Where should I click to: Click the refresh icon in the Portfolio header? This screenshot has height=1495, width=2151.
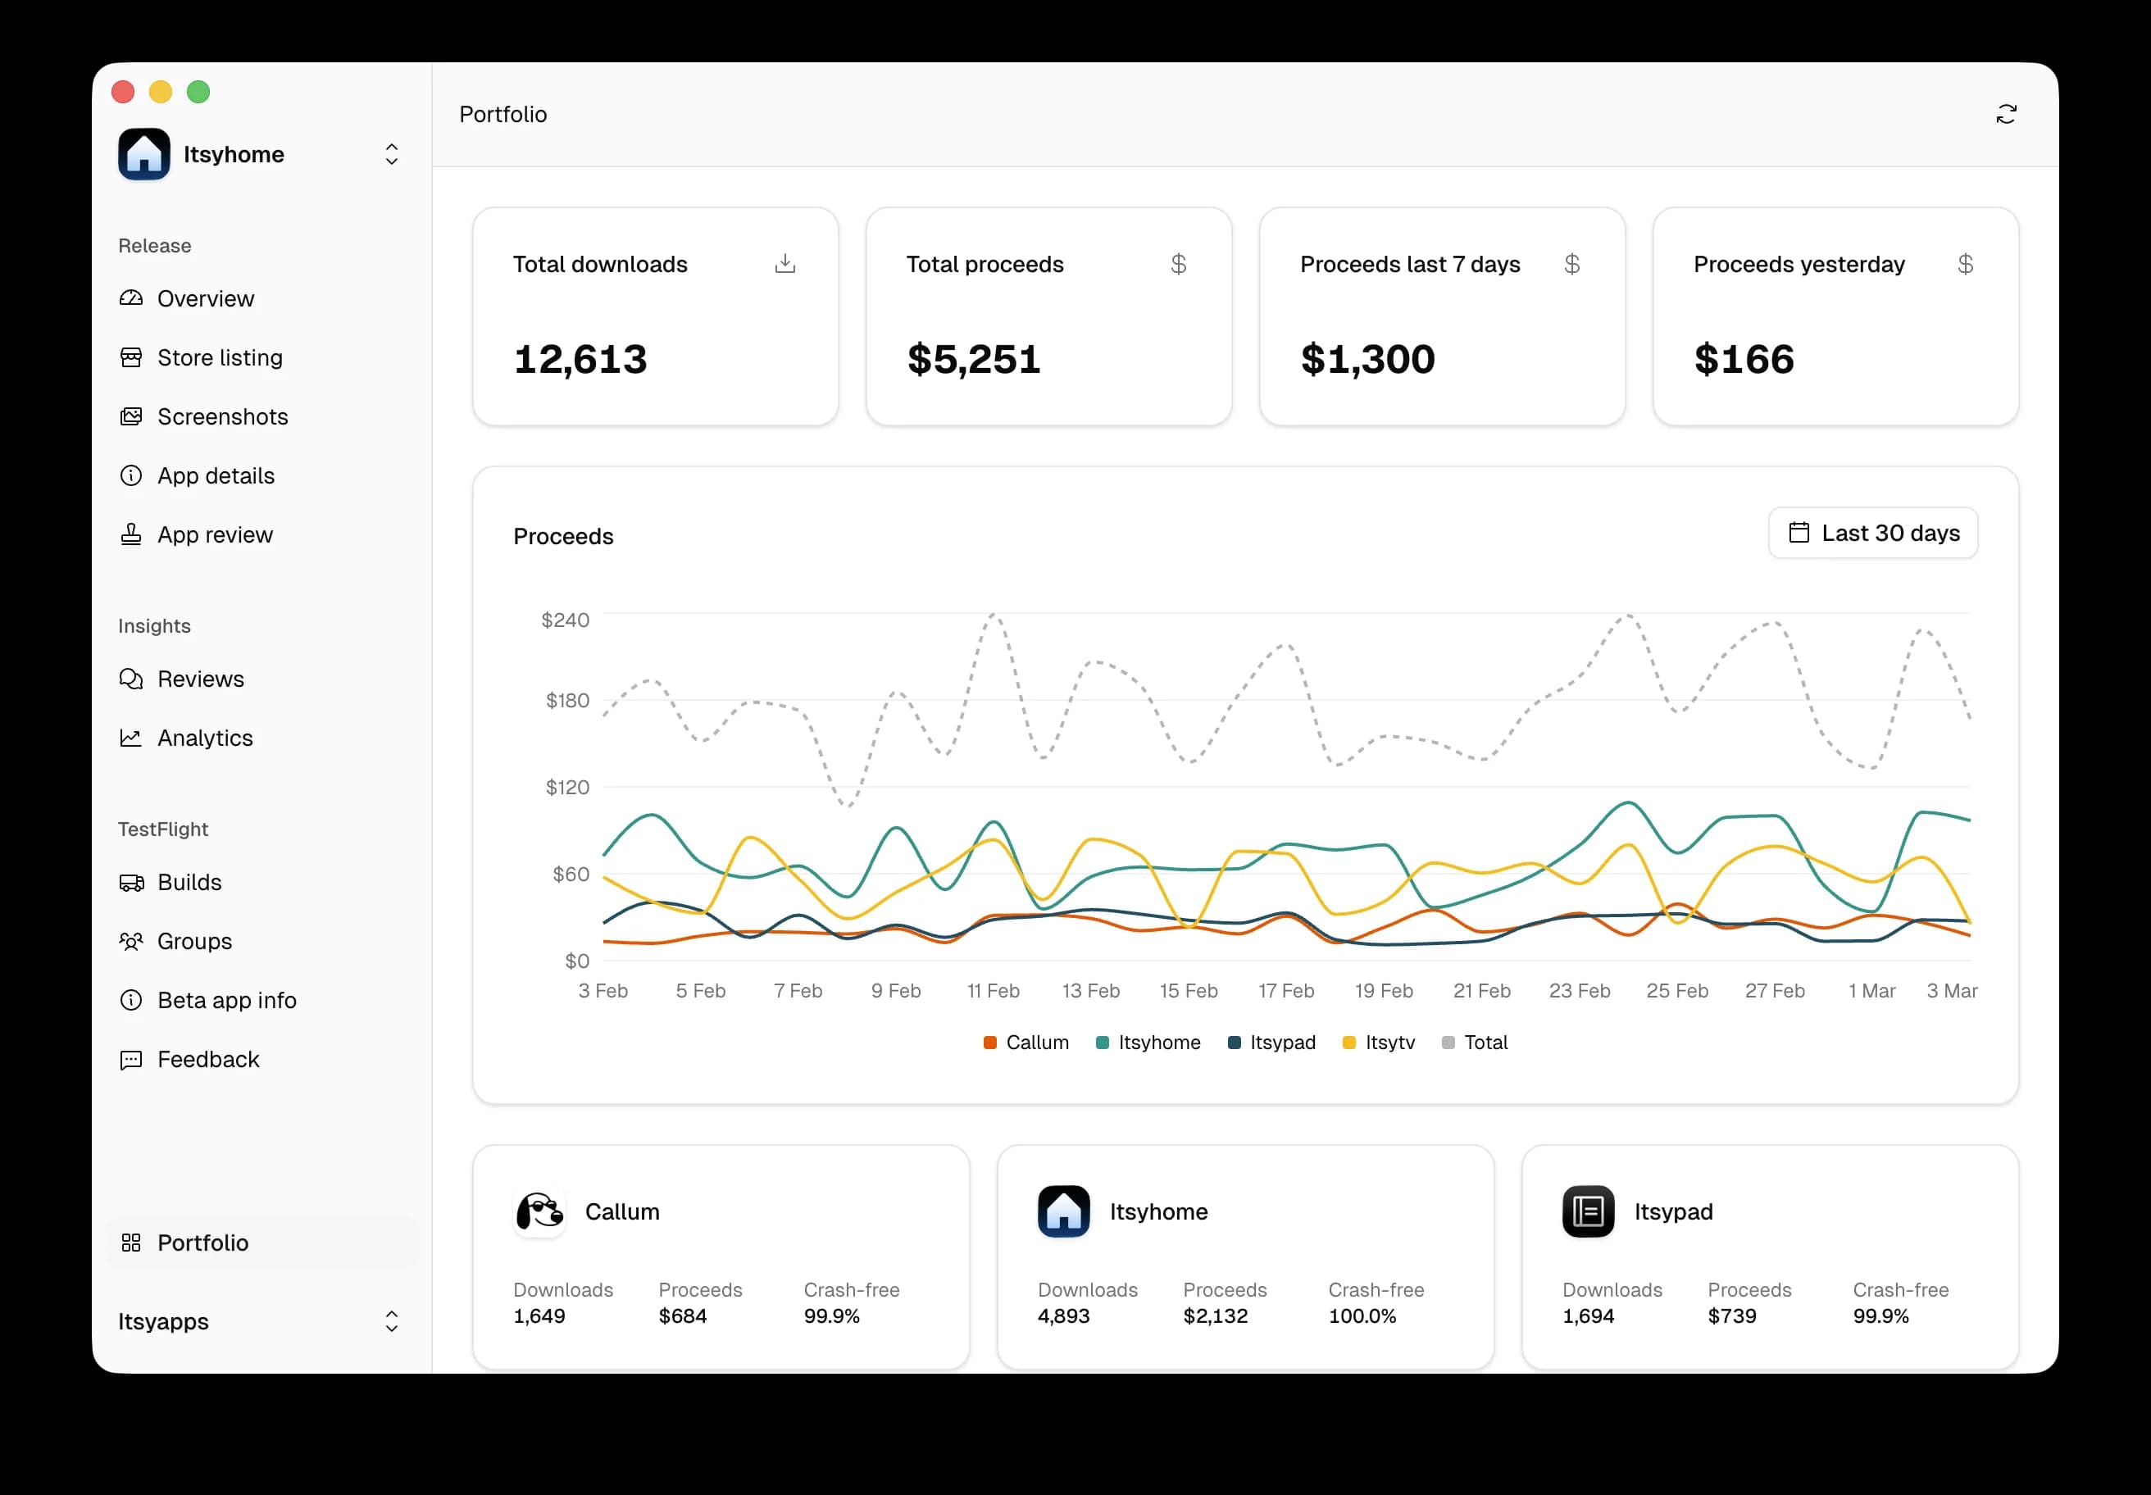pyautogui.click(x=2006, y=114)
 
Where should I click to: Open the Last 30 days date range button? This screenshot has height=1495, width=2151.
pyautogui.click(x=1873, y=533)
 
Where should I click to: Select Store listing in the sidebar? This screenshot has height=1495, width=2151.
pyautogui.click(x=219, y=358)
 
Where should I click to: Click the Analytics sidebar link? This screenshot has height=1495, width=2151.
pyautogui.click(x=204, y=738)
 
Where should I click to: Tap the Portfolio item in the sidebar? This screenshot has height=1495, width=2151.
pyautogui.click(x=202, y=1243)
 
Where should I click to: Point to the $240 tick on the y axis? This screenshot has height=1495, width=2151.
pyautogui.click(x=565, y=620)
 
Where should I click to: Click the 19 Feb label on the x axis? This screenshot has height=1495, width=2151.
pyautogui.click(x=1384, y=991)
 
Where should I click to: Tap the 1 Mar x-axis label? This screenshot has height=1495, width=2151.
pyautogui.click(x=1871, y=991)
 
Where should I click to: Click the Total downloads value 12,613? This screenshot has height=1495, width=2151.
pyautogui.click(x=580, y=360)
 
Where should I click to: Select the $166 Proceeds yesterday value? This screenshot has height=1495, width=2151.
pyautogui.click(x=1744, y=360)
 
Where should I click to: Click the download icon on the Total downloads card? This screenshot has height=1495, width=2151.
pyautogui.click(x=785, y=264)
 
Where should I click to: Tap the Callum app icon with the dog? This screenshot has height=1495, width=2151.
pyautogui.click(x=539, y=1212)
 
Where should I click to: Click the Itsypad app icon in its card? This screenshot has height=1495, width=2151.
pyautogui.click(x=1588, y=1212)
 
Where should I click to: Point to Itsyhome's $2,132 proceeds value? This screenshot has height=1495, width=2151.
pyautogui.click(x=1215, y=1316)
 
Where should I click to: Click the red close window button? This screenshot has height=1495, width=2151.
pyautogui.click(x=123, y=92)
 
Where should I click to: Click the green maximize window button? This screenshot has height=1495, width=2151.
pyautogui.click(x=198, y=92)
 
